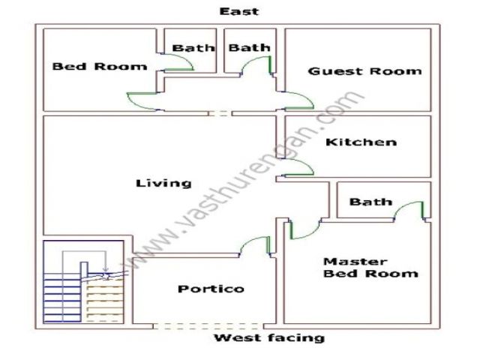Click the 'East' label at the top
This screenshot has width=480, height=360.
coord(239,11)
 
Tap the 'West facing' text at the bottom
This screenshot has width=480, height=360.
coord(269,338)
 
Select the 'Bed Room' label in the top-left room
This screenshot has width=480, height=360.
coord(100,67)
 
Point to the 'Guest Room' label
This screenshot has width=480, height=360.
coord(364,71)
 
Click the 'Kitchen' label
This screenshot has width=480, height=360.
coord(361,142)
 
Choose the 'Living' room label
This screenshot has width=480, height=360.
coord(163,183)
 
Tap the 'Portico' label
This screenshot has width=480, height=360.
coord(211,289)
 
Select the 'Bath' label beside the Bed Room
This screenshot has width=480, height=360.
coord(193,48)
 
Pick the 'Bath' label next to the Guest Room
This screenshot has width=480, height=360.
coord(250,48)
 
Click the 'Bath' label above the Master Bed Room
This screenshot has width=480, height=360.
coord(370,202)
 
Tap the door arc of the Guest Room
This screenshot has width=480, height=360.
coord(298,100)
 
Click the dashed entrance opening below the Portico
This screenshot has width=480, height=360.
coord(207,326)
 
